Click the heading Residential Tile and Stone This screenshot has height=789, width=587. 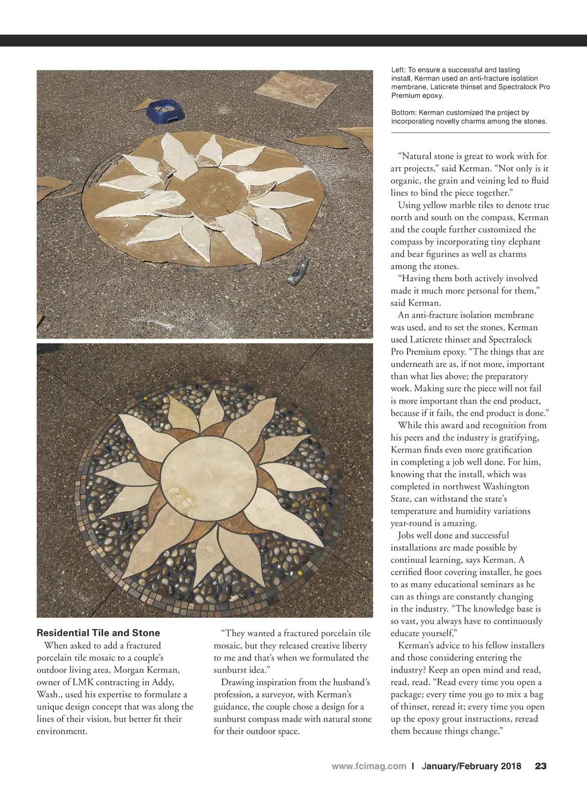pos(98,633)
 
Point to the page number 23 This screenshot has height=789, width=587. pos(541,766)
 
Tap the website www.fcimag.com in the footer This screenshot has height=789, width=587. pos(369,766)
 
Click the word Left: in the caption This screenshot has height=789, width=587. pos(398,70)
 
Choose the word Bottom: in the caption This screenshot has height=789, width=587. pos(404,113)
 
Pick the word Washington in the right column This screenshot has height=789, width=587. pos(506,486)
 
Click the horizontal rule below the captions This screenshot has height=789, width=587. pos(471,133)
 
